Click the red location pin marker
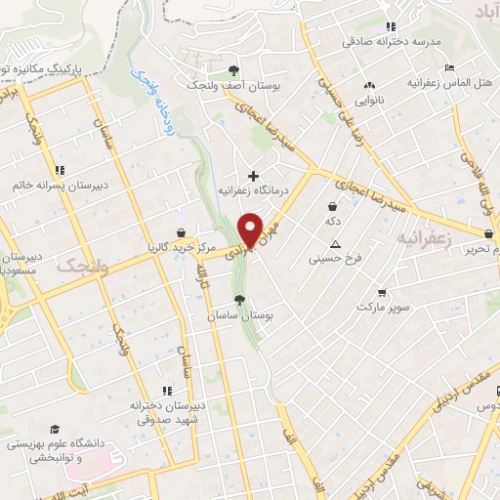(251, 228)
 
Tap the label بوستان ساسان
(239, 317)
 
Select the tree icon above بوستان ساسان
(239, 300)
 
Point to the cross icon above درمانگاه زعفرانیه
(254, 176)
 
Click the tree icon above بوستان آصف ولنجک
(232, 69)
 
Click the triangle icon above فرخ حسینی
(336, 244)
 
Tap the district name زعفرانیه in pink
(427, 237)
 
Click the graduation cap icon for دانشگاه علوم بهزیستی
(56, 429)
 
